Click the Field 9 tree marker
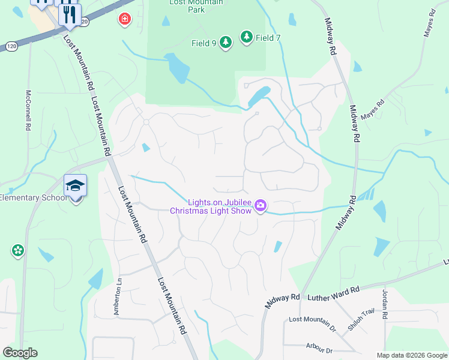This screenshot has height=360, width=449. pos(225,43)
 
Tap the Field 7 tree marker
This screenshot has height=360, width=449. pos(246,37)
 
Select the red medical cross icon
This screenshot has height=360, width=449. pos(125,19)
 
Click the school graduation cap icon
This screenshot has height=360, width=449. pos(76,186)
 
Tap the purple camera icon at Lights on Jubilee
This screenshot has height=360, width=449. pos(260,206)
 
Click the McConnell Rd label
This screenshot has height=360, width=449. pos(28,110)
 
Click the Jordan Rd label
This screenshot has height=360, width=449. pos(385,304)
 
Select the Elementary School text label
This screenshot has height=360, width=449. pos(31,197)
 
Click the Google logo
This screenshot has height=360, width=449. pos(20,353)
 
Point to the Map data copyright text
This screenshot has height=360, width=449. pos(411,355)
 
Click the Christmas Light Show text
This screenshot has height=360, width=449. pos(211,211)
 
